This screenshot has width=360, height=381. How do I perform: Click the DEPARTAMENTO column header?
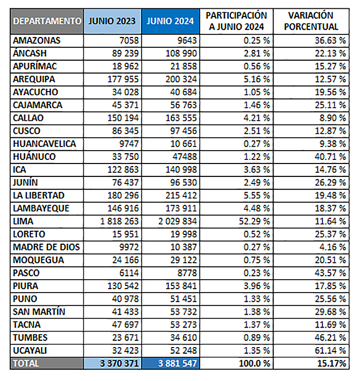(47, 21)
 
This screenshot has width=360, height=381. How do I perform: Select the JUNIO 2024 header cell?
(170, 21)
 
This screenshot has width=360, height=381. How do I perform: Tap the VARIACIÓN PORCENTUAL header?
(311, 21)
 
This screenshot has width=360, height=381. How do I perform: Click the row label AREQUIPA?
(34, 79)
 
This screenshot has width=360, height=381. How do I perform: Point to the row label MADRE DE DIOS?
(46, 247)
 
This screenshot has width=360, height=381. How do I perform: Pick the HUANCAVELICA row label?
(44, 144)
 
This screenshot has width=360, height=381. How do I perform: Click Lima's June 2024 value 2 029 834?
(177, 222)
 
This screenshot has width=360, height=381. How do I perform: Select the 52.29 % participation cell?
(254, 222)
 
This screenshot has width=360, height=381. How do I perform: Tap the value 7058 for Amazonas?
(129, 41)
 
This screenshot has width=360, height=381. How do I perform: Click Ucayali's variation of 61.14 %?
(330, 351)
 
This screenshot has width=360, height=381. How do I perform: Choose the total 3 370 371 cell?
(119, 364)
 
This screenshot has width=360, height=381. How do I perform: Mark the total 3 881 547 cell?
(177, 364)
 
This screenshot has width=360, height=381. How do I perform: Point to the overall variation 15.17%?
(332, 364)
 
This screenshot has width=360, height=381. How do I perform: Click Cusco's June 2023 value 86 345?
(125, 131)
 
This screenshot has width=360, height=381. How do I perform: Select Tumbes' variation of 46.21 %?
(330, 338)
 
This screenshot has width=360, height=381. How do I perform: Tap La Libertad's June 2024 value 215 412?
(181, 195)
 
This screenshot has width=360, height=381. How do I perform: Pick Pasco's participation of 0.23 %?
(257, 273)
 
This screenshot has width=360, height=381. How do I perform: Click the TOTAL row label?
(26, 364)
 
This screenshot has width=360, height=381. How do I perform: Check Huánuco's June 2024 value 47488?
(185, 157)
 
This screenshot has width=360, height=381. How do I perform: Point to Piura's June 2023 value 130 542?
(123, 286)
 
